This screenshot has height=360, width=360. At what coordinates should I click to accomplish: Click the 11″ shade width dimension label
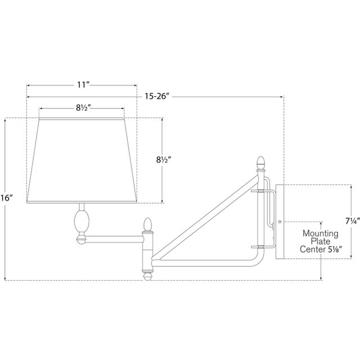point(83,85)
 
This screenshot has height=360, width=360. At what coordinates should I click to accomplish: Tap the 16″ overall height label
point(6,197)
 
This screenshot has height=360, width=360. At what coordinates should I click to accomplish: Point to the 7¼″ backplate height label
point(353,221)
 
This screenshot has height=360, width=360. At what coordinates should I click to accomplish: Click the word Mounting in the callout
point(320,233)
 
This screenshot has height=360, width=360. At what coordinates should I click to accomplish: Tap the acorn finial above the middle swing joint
point(147,224)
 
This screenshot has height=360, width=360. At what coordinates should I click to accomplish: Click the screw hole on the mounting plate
point(280,222)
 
